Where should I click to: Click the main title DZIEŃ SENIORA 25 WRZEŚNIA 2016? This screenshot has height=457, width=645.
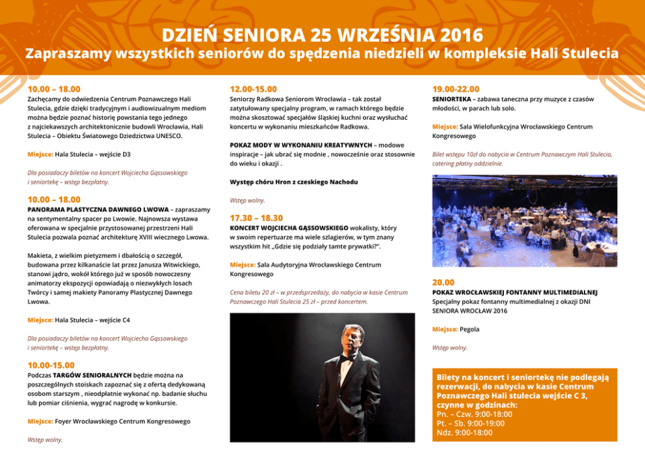click(322, 35)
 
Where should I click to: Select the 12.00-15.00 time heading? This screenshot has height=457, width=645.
click(253, 89)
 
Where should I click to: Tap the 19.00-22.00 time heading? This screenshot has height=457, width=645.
click(455, 89)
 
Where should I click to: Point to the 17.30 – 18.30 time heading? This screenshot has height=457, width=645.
click(256, 218)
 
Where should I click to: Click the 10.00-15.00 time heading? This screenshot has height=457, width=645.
click(51, 365)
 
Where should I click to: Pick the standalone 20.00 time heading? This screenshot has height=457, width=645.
click(443, 282)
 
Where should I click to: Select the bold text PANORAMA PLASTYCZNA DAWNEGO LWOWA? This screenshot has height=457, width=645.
click(98, 210)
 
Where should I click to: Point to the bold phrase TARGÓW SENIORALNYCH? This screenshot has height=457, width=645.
click(92, 375)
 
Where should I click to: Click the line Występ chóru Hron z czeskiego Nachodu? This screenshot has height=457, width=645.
click(294, 182)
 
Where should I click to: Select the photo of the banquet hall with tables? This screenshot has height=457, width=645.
click(524, 221)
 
